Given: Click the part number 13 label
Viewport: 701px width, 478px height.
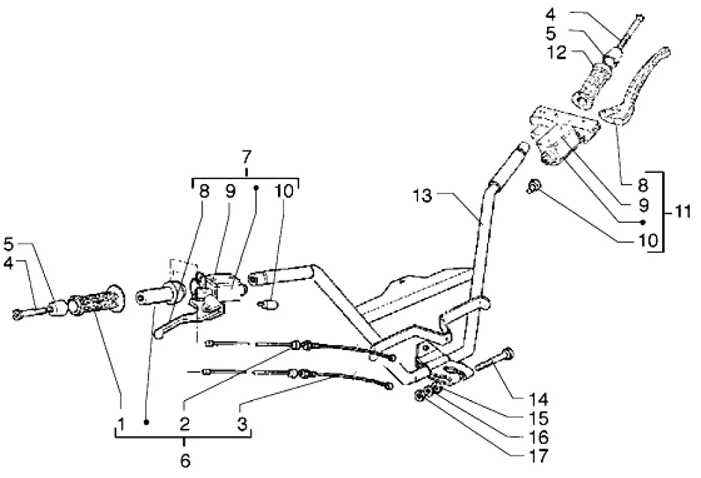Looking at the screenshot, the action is (422, 196).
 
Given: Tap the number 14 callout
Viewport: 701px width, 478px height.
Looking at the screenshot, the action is (538, 399).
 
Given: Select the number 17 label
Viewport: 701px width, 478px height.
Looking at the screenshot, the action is (538, 456).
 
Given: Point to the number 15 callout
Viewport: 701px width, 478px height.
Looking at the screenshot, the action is (538, 418).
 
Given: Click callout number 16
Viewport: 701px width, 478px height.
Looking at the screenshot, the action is (538, 437).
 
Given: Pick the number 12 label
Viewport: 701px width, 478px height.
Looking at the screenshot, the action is (557, 53).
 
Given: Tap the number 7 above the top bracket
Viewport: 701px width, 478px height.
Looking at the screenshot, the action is (246, 158).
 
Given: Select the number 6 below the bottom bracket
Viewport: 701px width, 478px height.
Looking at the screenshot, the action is (185, 460).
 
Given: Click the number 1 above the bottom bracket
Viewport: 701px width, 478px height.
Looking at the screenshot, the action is (121, 423).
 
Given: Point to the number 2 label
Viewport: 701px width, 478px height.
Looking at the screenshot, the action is (185, 423).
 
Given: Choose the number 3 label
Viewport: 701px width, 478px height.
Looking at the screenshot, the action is (242, 423).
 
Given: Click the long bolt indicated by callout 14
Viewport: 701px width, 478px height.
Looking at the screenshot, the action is (493, 359).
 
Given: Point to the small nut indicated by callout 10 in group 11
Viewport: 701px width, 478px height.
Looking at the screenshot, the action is (532, 186).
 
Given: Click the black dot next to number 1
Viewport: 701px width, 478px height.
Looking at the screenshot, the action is (146, 422).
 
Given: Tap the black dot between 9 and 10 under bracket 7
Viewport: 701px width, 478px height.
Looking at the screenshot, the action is (257, 188).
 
